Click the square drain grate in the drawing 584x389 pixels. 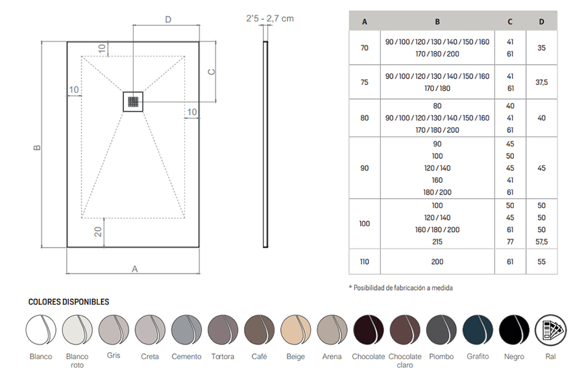(133, 102)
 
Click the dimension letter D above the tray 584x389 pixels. (168, 19)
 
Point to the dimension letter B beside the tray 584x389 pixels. (37, 147)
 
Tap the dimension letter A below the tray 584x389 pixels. (135, 269)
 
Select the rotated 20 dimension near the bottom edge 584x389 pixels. (97, 231)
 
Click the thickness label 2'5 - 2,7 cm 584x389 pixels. (270, 18)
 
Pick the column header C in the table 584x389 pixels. (510, 21)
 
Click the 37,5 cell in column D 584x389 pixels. (542, 82)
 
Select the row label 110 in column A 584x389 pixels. (364, 262)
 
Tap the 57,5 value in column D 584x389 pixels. (542, 242)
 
